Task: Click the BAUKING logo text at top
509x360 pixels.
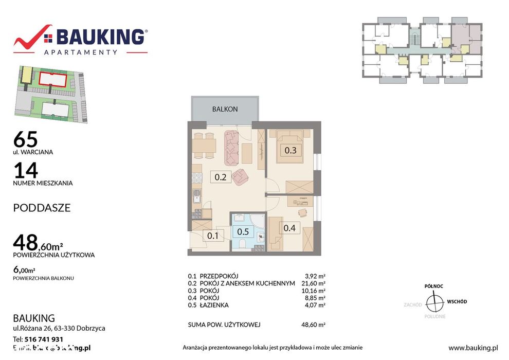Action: [x=100, y=37]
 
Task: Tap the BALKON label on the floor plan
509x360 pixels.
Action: [x=225, y=109]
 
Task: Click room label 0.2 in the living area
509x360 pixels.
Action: [x=221, y=177]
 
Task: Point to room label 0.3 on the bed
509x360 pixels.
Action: [x=290, y=150]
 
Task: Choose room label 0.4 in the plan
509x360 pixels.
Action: [x=289, y=228]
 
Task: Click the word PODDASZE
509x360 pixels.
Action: [x=42, y=208]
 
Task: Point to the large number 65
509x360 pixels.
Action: [x=26, y=139]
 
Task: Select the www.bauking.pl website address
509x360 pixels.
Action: [x=473, y=348]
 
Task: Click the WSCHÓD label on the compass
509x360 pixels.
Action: [x=457, y=301]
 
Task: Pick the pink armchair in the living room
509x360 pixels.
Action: [x=240, y=177]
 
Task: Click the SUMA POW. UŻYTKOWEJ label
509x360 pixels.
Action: [x=225, y=325]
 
